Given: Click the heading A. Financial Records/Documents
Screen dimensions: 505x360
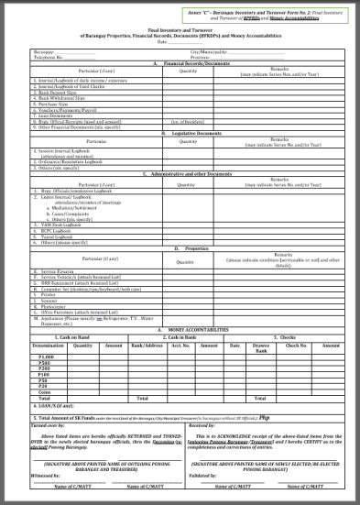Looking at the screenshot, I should tap(180, 62).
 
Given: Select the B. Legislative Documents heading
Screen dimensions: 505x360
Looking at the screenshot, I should tap(180, 133).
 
